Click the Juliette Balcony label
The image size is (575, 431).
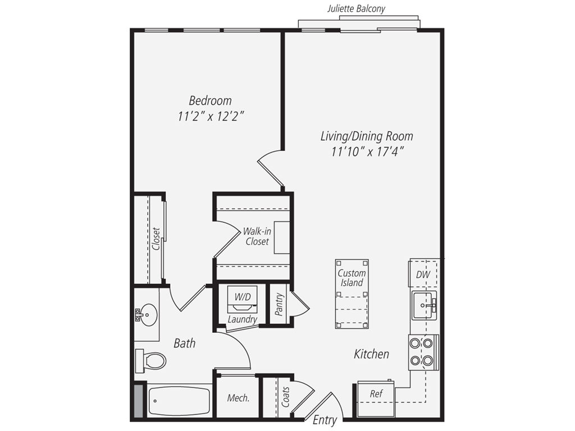[357, 8]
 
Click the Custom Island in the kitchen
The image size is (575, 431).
[352, 293]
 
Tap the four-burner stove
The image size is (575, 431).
[423, 352]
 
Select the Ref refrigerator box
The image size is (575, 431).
[376, 394]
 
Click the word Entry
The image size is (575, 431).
[325, 420]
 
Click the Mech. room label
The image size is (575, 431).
[238, 398]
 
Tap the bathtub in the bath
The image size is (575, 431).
[179, 400]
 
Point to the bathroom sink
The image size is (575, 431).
[148, 315]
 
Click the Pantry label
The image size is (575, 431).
[279, 304]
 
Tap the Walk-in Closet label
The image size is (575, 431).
[255, 236]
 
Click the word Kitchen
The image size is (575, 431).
[371, 354]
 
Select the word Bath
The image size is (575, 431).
[184, 343]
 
